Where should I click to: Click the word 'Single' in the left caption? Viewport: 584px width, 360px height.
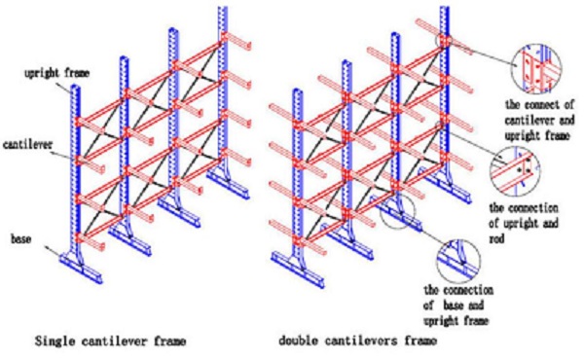point(52,341)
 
